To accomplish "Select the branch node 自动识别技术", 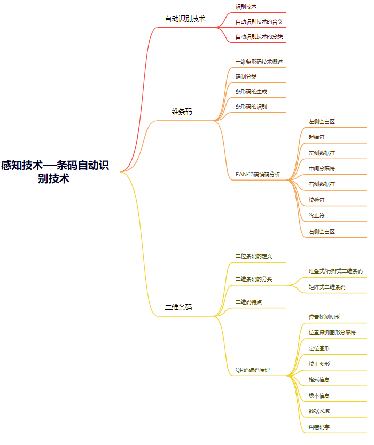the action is pos(185,19).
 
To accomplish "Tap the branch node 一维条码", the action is pos(178,112).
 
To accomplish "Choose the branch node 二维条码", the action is pos(178,308).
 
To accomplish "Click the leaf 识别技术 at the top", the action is pos(246,6).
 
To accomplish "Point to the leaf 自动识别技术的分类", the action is pos(259,37).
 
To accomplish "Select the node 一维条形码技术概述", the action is pos(259,61).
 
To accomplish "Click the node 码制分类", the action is pos(246,76).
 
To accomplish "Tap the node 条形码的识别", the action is pos(251,106).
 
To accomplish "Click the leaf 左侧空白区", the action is pos(322,122).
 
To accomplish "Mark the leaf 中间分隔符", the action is pos(322,168).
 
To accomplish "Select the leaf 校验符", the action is pos(316,200).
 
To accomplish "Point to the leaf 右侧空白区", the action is pos(322,231).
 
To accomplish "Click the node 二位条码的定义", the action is pos(254,256).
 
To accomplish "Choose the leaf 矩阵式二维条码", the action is pos(326,287).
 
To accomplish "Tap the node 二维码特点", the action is pos(248,302).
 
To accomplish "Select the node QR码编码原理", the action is pos(253,370).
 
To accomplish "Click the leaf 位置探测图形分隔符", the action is pos(332,332).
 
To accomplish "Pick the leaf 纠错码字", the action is pos(319,427).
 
